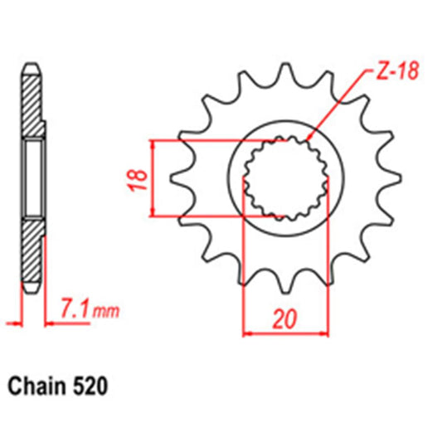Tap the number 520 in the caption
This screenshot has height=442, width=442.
pos(90,386)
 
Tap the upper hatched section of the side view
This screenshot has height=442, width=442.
pos(31,104)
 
